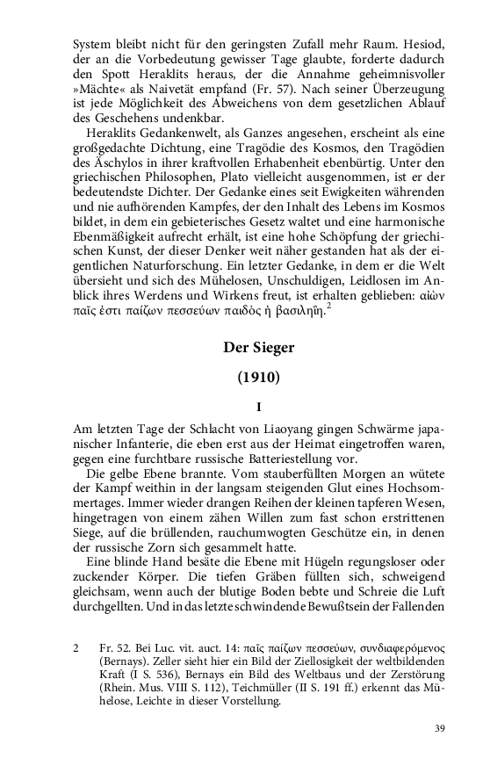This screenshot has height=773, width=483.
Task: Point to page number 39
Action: pyautogui.click(x=440, y=729)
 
